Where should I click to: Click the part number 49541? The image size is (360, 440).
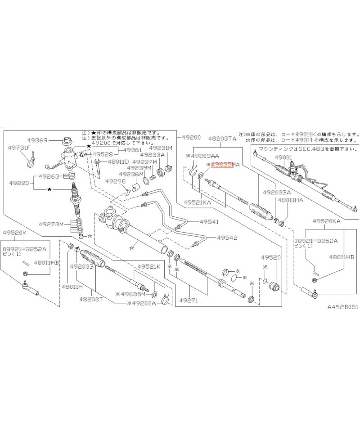(x=209, y=221)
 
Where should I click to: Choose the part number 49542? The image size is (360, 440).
(x=227, y=238)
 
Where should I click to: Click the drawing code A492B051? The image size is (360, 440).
(x=342, y=308)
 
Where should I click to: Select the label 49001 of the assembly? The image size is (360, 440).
(x=283, y=157)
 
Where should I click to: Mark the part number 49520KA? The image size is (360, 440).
(x=326, y=221)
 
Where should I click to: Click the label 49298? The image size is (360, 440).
(x=115, y=181)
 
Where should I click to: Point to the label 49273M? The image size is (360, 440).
(x=51, y=224)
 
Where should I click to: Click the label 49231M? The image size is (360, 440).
(x=161, y=148)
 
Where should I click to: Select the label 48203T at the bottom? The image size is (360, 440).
(x=92, y=299)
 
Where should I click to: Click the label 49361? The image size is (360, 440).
(x=132, y=150)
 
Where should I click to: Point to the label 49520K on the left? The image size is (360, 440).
(x=15, y=232)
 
